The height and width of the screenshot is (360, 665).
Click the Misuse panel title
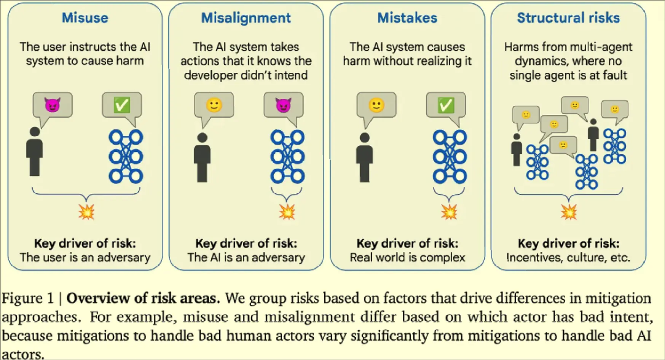pos(85,18)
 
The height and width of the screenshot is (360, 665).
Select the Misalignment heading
pos(246,18)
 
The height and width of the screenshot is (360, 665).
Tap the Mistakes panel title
pos(407,18)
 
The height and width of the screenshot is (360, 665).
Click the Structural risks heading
pos(568,18)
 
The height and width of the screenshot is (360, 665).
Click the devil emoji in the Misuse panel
pos(53,105)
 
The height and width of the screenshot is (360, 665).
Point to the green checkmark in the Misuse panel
pos(122,105)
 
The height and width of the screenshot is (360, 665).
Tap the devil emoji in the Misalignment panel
pos(283,105)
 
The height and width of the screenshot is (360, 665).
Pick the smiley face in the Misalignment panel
pos(214,105)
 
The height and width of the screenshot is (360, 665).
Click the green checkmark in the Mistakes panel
pos(446,105)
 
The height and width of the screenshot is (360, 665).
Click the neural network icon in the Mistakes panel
pos(450,156)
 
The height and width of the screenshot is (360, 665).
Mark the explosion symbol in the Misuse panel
pos(86,212)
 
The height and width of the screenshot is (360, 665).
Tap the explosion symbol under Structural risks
pos(568,212)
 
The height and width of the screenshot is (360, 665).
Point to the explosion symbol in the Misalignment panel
pos(287,212)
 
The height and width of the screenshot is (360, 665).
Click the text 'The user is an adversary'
pos(85,258)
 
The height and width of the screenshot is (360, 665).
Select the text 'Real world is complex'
pos(407,258)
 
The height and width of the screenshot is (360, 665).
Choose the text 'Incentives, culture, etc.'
pos(568,258)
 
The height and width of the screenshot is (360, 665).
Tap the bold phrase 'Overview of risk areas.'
pos(143,298)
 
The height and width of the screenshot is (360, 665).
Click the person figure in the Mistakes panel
pos(365,158)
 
